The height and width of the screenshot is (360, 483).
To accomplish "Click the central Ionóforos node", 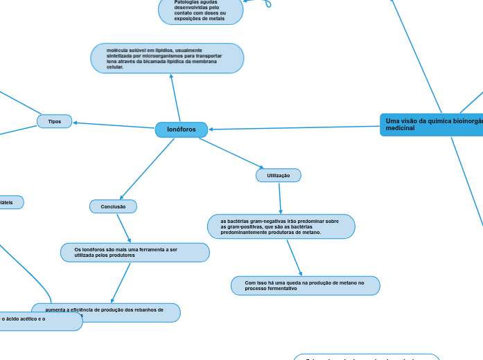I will (182, 129).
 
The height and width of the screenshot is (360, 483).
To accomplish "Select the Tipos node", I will (54, 121).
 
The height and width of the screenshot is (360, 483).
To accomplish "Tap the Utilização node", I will (279, 176).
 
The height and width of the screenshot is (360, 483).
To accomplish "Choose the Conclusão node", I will (113, 206).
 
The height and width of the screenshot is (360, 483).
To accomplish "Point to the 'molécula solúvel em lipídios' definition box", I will (167, 58).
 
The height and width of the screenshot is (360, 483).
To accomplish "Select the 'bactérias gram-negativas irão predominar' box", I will (281, 226).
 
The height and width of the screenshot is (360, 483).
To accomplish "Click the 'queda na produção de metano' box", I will (305, 285).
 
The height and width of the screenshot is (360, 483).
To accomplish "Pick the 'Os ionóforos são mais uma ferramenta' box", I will (134, 252).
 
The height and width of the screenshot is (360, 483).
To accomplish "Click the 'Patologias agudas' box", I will (200, 10).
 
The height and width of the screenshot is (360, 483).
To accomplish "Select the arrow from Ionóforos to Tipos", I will (114, 125).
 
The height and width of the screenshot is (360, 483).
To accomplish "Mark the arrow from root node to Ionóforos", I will (295, 127).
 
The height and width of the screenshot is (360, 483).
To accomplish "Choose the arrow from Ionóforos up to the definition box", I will (175, 98).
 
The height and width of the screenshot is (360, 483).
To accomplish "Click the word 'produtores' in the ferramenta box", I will (121, 255).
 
